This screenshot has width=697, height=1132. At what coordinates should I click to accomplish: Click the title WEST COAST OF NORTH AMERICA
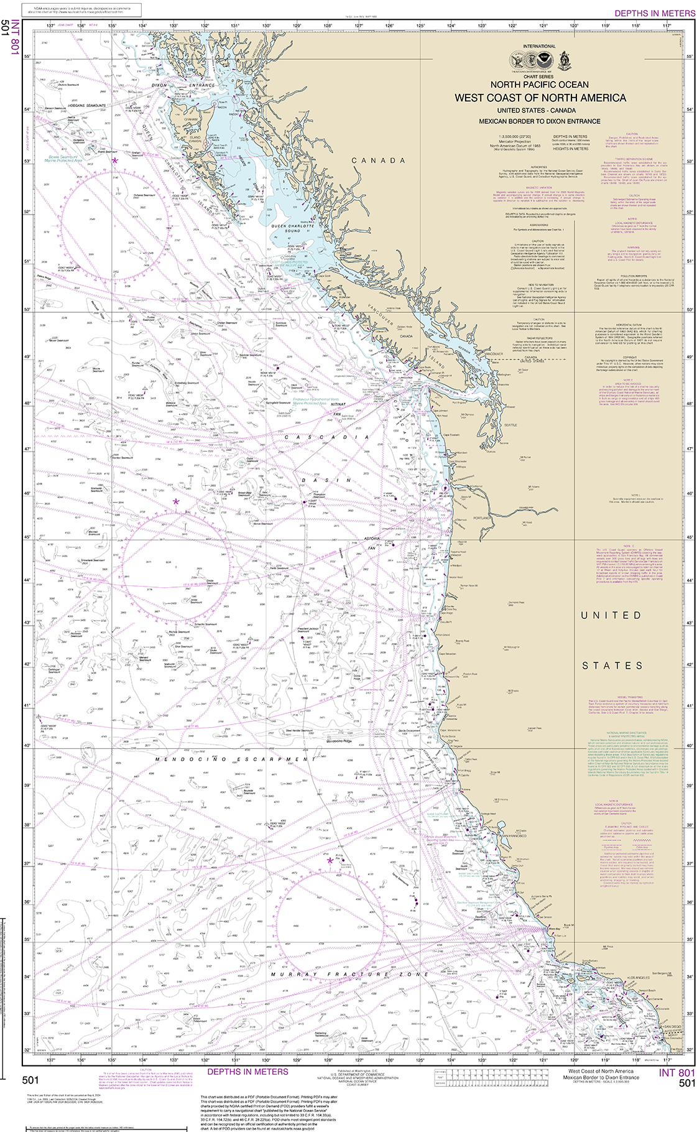[540, 98]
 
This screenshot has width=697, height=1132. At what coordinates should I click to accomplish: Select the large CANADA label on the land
[379, 160]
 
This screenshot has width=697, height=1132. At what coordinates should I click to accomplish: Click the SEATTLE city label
[510, 425]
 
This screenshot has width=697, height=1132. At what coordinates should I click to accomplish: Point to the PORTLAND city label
[481, 517]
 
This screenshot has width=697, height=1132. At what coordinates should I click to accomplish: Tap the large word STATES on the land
[612, 666]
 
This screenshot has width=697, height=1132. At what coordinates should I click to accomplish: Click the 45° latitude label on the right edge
[688, 537]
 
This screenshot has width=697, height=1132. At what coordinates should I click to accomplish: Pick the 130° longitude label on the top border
[266, 26]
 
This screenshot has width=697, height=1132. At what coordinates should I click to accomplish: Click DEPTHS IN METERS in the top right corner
[655, 13]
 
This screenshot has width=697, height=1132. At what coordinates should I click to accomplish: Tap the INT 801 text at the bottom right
[676, 1073]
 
